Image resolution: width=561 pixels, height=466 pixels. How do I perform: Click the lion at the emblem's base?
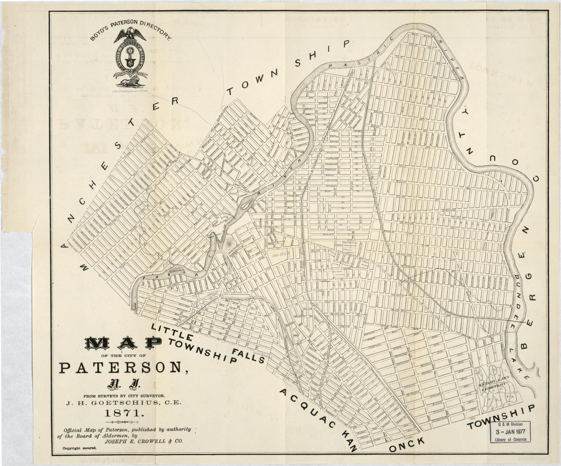130,81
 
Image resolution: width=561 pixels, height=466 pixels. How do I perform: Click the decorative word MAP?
123,343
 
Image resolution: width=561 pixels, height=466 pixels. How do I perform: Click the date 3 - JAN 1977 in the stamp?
510,432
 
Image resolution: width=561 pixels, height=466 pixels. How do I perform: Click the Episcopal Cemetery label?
339,273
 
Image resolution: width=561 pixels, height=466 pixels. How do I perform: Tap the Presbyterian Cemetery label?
349,251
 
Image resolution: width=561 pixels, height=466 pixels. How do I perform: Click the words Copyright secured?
79,448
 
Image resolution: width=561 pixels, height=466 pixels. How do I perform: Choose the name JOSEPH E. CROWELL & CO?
144,441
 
